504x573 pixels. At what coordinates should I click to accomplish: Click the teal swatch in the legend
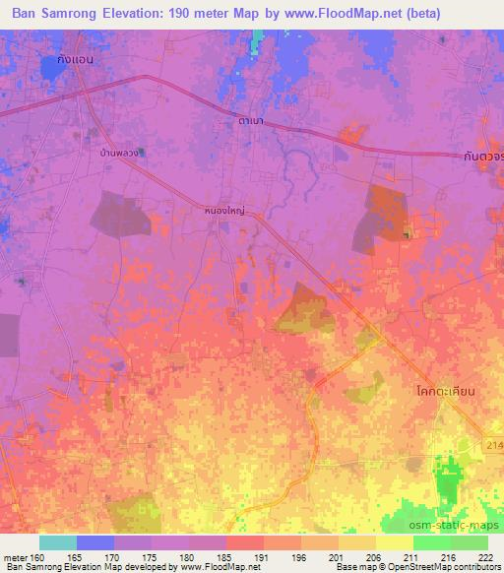point(57,542)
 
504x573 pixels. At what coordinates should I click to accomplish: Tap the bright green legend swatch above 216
point(432,542)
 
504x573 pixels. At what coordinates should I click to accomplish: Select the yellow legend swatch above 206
point(357,542)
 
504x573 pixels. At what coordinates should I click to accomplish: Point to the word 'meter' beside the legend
point(14,558)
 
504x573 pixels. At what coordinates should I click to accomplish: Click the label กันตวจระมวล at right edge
point(482,156)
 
